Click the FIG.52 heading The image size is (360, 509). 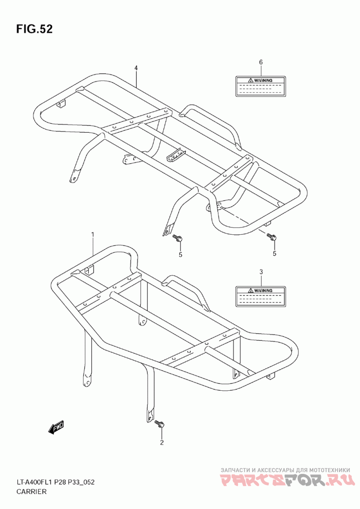coord(35,29)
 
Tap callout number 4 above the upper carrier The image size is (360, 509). coord(135,68)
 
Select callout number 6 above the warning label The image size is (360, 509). coord(261,62)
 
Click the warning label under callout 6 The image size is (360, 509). coord(261,85)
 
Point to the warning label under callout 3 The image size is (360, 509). coord(261,296)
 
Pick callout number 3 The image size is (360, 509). coord(261,272)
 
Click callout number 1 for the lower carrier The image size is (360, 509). coord(93,234)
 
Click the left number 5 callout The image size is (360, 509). coord(180,254)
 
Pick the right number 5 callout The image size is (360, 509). coord(274,254)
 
